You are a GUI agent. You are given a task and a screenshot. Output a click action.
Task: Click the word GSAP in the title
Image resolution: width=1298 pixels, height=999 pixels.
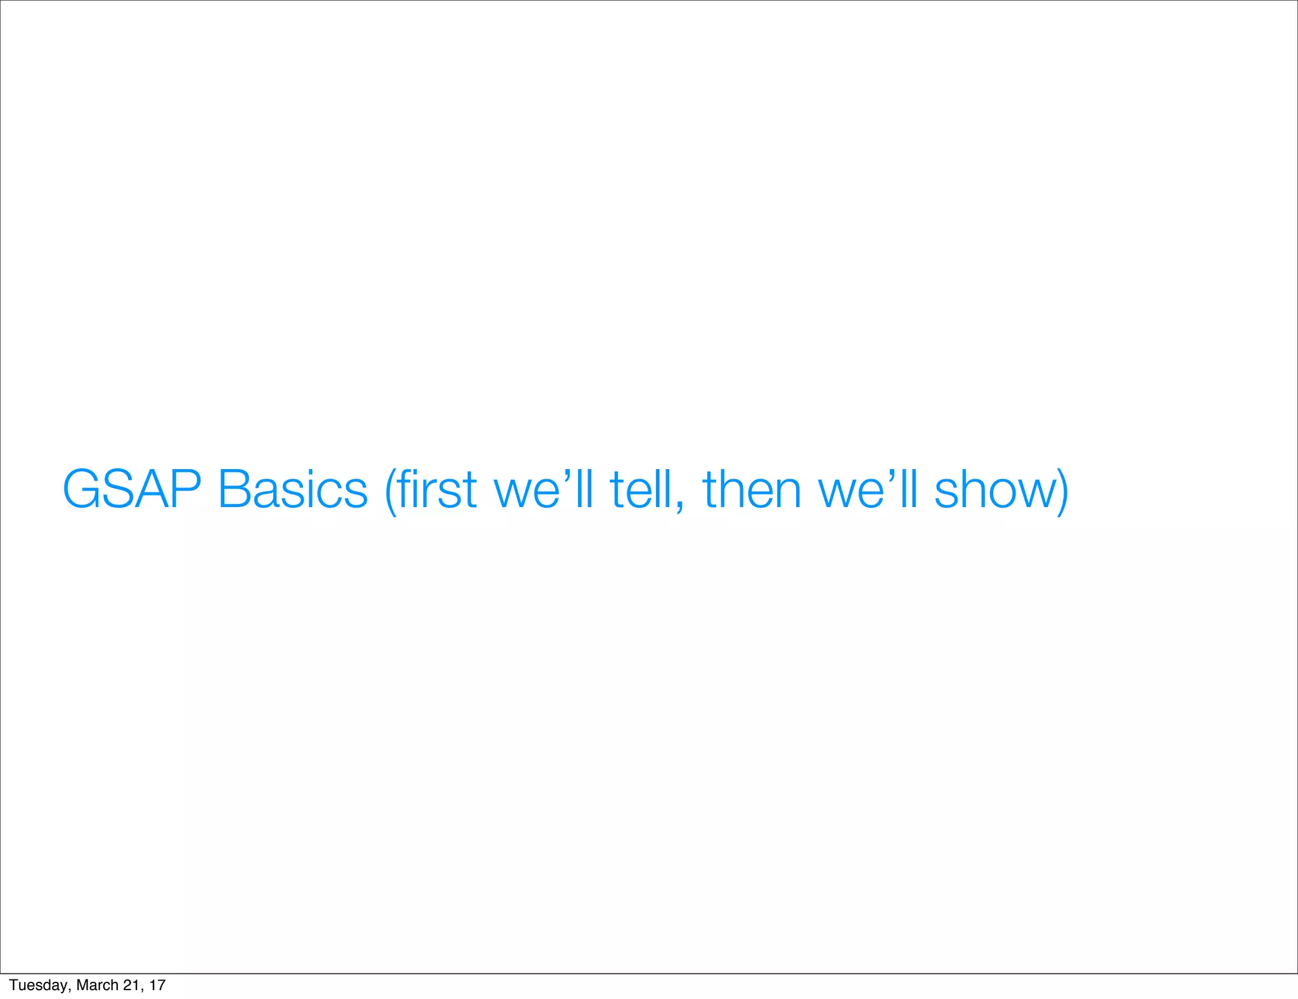(x=132, y=489)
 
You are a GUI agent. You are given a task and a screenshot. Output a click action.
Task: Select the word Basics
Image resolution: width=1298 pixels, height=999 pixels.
(x=292, y=489)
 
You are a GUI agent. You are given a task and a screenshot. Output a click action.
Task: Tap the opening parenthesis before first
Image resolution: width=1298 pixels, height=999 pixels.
(x=391, y=492)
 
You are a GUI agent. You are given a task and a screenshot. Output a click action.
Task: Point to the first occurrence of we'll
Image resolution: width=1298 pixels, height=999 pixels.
(x=543, y=489)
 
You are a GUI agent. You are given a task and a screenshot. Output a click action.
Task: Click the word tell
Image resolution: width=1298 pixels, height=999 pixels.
(x=640, y=489)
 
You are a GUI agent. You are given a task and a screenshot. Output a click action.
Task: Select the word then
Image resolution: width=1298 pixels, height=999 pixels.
(x=752, y=489)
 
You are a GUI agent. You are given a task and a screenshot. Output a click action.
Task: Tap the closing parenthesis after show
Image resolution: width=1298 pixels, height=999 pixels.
(x=1062, y=492)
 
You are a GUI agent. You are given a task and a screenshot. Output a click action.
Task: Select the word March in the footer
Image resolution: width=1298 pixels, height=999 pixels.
(x=97, y=985)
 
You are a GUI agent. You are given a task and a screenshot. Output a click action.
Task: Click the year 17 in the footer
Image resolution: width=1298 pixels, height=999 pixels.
(x=158, y=985)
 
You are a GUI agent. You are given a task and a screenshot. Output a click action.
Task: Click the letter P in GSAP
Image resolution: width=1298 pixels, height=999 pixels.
(x=185, y=489)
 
